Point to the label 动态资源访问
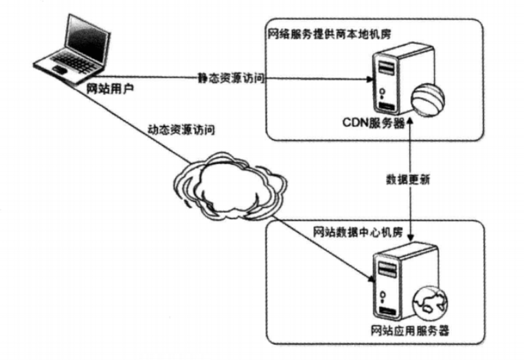tap(181, 129)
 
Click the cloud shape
tap(231, 183)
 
